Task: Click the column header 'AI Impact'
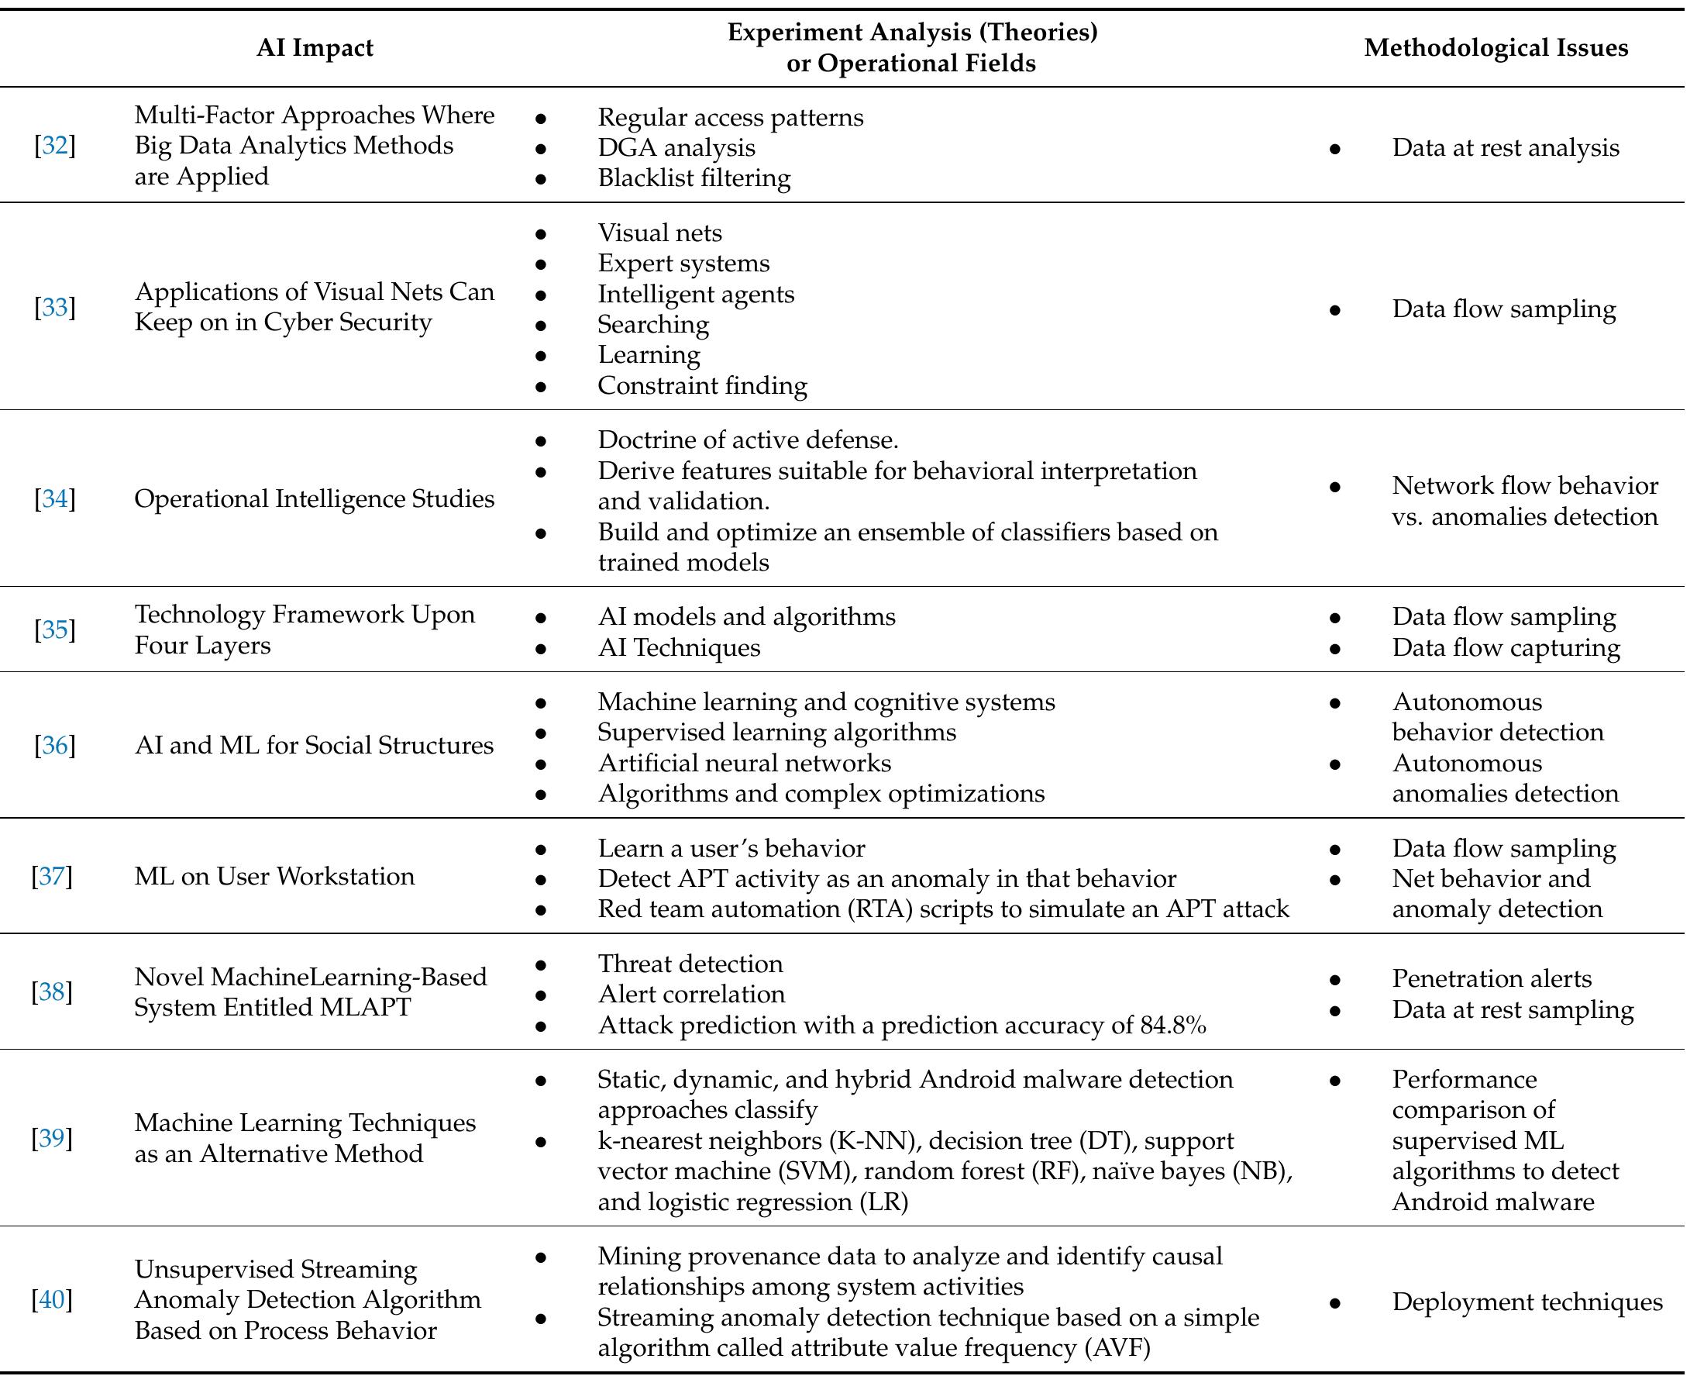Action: tap(315, 47)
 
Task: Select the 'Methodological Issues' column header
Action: tap(1496, 47)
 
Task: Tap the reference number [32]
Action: tap(55, 146)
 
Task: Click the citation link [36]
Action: tap(55, 746)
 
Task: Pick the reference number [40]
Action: tap(51, 1300)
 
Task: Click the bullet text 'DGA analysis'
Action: tap(676, 147)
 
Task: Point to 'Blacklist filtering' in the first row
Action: tap(694, 178)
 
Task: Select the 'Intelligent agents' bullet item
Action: tap(696, 294)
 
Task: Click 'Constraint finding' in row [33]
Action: tap(702, 386)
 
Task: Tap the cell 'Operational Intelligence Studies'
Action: tap(314, 498)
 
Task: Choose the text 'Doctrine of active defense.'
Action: tap(748, 440)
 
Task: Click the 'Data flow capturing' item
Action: tap(1506, 647)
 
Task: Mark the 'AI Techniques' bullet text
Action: tap(679, 647)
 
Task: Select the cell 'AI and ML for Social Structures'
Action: tap(314, 746)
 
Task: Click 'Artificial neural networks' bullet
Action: tap(744, 764)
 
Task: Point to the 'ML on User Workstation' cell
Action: tap(274, 877)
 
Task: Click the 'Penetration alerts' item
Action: tap(1491, 979)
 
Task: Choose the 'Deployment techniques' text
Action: tap(1527, 1302)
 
